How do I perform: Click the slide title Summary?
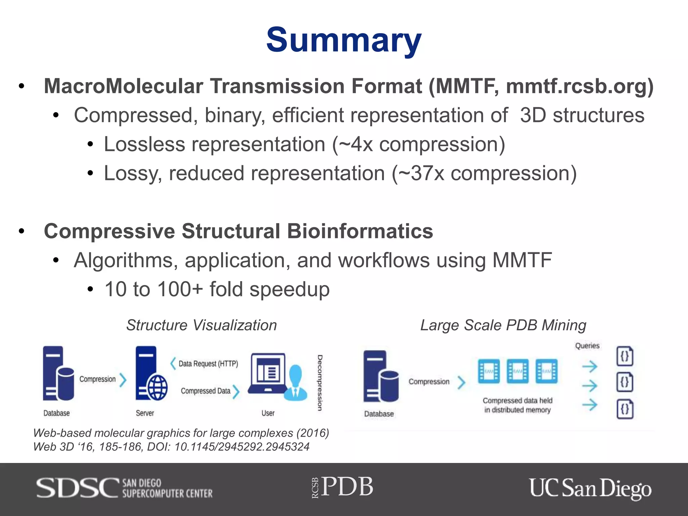[x=344, y=40]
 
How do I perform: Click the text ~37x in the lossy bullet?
[x=422, y=174]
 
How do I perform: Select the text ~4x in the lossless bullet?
[x=355, y=145]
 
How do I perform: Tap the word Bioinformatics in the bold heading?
[x=360, y=231]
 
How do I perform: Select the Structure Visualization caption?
[x=202, y=325]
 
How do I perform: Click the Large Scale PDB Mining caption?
[x=503, y=325]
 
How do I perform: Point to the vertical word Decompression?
[x=320, y=383]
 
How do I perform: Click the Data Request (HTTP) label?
[x=208, y=364]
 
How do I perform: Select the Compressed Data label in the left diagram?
[x=206, y=391]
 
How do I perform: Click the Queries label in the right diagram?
[x=587, y=346]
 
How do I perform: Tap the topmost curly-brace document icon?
[x=625, y=356]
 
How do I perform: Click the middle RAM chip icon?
[x=517, y=371]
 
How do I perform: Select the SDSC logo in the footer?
[x=124, y=488]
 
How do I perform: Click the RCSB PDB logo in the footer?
[x=343, y=487]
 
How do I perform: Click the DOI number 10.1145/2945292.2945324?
[x=242, y=447]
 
